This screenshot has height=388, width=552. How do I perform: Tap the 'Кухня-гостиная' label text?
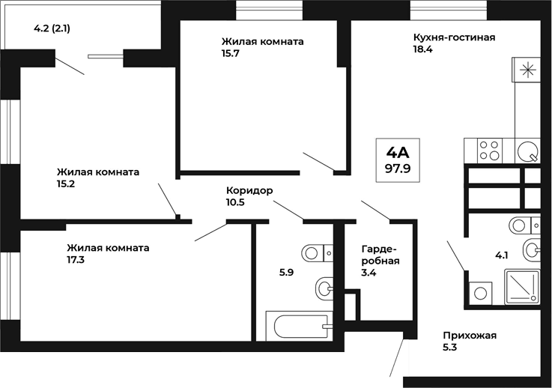point(454,37)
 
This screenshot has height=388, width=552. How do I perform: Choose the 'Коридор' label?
point(249,190)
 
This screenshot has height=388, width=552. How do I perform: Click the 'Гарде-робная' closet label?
point(380,255)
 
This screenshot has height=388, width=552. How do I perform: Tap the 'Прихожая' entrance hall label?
point(470,336)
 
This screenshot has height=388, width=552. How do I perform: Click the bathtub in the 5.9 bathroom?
point(299,327)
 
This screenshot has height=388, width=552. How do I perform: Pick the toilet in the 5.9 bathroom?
point(319,252)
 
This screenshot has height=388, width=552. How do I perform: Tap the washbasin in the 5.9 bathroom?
point(325,287)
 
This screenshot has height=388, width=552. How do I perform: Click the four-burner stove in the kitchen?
point(489,151)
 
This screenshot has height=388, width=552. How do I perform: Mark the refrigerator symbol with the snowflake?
point(529,72)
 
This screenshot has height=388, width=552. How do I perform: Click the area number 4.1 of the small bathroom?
point(501,255)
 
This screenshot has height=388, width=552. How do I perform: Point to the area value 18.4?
point(424,49)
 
